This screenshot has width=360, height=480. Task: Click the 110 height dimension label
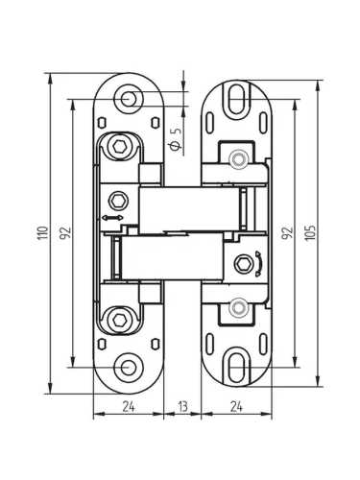[x=43, y=232]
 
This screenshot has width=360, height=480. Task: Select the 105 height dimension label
[x=310, y=232]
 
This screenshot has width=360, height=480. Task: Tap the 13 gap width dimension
[x=182, y=407]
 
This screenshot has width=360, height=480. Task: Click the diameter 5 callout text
[x=176, y=138]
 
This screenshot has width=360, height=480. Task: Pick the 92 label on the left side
[x=65, y=232]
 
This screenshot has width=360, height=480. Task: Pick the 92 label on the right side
[x=287, y=232]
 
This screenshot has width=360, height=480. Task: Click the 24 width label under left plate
[x=129, y=407]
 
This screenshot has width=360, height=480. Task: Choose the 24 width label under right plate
[x=236, y=407]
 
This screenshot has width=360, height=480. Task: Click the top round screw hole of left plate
[x=129, y=99]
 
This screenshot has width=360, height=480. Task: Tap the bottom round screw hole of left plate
[x=129, y=368]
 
